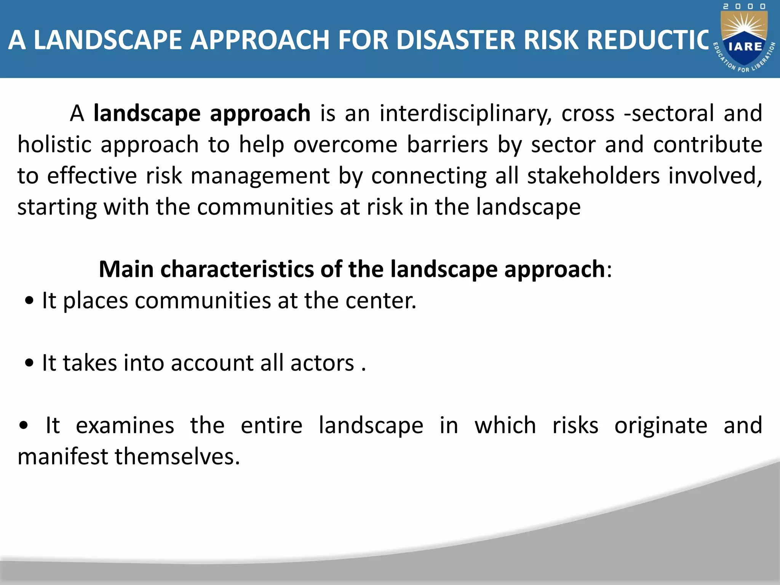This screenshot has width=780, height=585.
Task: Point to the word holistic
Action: coord(54,145)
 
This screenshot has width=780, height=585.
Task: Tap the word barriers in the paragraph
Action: coord(447,145)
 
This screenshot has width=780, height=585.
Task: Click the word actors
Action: coord(322,363)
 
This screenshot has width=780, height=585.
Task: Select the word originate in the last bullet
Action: coord(661,425)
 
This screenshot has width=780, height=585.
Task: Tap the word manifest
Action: coord(63,456)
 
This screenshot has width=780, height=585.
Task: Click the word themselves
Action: coord(177,456)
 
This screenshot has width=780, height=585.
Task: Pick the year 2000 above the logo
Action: coord(744,6)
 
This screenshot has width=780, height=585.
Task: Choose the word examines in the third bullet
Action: coord(125,425)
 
